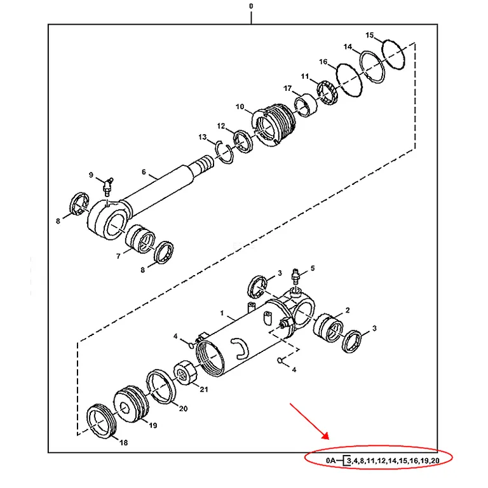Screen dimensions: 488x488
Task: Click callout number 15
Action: [x=369, y=35]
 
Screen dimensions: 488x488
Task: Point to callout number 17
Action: [x=287, y=88]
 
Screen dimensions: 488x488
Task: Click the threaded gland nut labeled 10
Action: [x=274, y=125]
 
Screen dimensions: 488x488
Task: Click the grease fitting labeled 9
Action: [x=108, y=187]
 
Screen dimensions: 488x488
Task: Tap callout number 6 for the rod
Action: [x=144, y=172]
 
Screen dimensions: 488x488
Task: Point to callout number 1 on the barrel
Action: [x=222, y=313]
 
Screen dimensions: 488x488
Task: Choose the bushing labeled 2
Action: [x=329, y=327]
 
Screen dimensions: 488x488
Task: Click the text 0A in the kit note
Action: [x=331, y=460]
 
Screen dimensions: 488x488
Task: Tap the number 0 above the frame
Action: [x=251, y=6]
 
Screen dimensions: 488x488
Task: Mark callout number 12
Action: [x=221, y=126]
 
